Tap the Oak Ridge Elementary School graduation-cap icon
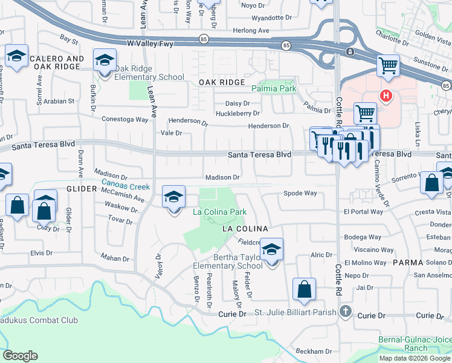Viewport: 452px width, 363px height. [x=105, y=62]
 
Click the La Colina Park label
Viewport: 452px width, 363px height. [x=219, y=212]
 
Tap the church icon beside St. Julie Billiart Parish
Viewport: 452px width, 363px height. [x=345, y=312]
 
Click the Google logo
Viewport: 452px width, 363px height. [x=20, y=356]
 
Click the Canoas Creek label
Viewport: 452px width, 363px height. [x=126, y=187]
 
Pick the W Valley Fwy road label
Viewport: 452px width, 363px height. [x=159, y=44]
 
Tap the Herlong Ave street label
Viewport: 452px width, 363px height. [x=251, y=30]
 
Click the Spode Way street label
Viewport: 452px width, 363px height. [x=301, y=194]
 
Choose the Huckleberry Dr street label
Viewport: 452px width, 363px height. [x=238, y=113]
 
